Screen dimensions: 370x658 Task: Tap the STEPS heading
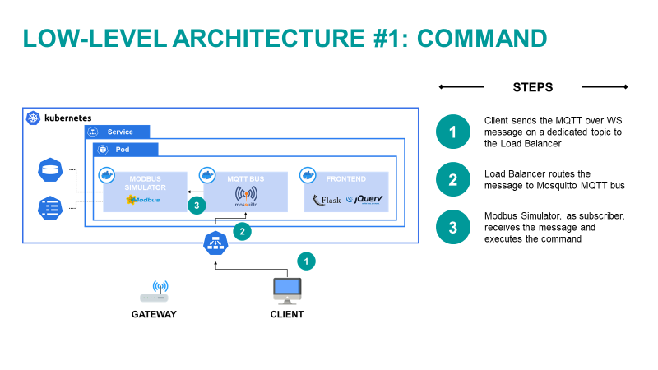click(x=532, y=86)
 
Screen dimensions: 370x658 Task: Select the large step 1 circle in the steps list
click(x=452, y=132)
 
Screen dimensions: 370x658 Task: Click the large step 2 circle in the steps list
click(x=452, y=180)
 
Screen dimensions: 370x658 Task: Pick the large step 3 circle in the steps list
click(x=452, y=228)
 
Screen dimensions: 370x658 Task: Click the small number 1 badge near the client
click(x=306, y=261)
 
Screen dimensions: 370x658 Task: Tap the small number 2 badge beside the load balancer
click(x=241, y=232)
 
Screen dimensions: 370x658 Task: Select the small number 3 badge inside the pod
click(x=196, y=206)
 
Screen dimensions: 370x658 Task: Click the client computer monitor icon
click(x=286, y=289)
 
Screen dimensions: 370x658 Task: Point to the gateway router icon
click(x=154, y=294)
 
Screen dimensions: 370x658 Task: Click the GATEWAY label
click(x=154, y=314)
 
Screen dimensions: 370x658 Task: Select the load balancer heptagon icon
click(x=215, y=243)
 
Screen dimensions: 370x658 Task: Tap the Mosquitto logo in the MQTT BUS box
click(x=246, y=197)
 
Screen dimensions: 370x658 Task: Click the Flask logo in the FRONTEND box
click(x=327, y=199)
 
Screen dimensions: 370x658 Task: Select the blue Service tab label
click(x=120, y=132)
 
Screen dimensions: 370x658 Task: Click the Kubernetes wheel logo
click(x=34, y=118)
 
